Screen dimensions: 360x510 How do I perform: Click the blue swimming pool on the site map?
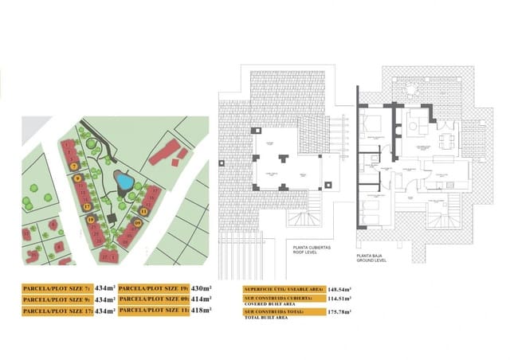pyautogui.click(x=123, y=181)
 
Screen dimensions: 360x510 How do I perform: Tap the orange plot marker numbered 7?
pyautogui.click(x=73, y=166)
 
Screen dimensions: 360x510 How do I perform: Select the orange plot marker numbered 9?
pyautogui.click(x=78, y=178)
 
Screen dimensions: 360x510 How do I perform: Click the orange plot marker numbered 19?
pyautogui.click(x=91, y=219)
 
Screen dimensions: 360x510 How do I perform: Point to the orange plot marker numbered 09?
pyautogui.click(x=137, y=223)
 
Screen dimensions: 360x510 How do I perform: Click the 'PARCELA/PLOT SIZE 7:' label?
pyautogui.click(x=57, y=287)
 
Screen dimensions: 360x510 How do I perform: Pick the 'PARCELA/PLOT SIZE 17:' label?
pyautogui.click(x=57, y=310)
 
